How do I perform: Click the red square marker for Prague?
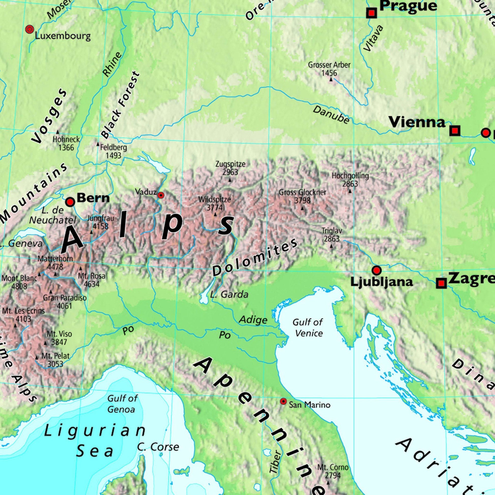click(372, 13)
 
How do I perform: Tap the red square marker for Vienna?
click(455, 131)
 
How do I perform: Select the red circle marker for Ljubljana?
click(376, 270)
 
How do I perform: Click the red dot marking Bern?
click(70, 202)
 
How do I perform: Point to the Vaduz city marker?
click(161, 196)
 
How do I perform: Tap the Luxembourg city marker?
click(30, 30)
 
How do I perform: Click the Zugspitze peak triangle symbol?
click(230, 180)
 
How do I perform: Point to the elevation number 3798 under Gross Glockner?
click(302, 200)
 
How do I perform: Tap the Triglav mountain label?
click(332, 231)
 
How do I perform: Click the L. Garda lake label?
click(229, 295)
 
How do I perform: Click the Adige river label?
click(253, 320)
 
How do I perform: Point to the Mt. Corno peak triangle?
click(328, 483)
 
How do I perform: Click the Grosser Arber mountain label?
click(329, 65)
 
